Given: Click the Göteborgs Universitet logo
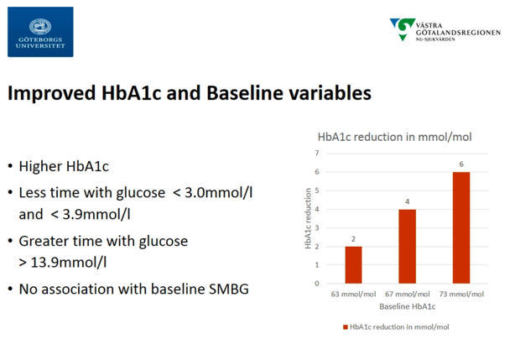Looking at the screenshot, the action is [40, 32].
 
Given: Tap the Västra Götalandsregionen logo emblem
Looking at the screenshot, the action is [403, 29].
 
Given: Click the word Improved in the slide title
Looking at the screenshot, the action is [51, 93].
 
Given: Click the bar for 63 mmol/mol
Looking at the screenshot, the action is [353, 264].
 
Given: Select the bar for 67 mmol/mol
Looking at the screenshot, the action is [408, 247].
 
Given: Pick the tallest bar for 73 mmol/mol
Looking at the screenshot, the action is [461, 227].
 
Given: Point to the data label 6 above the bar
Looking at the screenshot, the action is [461, 164].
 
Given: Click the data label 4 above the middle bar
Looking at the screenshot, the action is [408, 201].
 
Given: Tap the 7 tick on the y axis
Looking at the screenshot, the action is [317, 153].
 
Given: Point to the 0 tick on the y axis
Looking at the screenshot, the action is [317, 284].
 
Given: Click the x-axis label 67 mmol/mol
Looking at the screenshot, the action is [408, 294].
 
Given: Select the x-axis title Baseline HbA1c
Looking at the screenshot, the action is [408, 306].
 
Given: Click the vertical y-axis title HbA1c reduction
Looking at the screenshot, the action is [308, 218].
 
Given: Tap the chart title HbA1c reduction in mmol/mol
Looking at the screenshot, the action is [394, 137].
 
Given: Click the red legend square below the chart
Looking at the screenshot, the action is [346, 327].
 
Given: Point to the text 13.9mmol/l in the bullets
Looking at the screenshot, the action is [68, 263].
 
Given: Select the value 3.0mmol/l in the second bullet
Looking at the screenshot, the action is [218, 193].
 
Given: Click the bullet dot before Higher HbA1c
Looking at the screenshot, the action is [11, 166].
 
